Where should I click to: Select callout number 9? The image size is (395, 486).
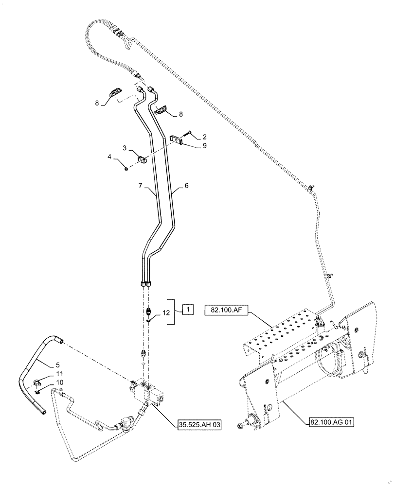click(205, 145)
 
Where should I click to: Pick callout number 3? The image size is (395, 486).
click(125, 147)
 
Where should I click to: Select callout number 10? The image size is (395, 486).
click(59, 382)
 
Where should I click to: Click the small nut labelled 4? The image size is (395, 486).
click(126, 168)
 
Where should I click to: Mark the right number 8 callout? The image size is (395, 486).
click(181, 114)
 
